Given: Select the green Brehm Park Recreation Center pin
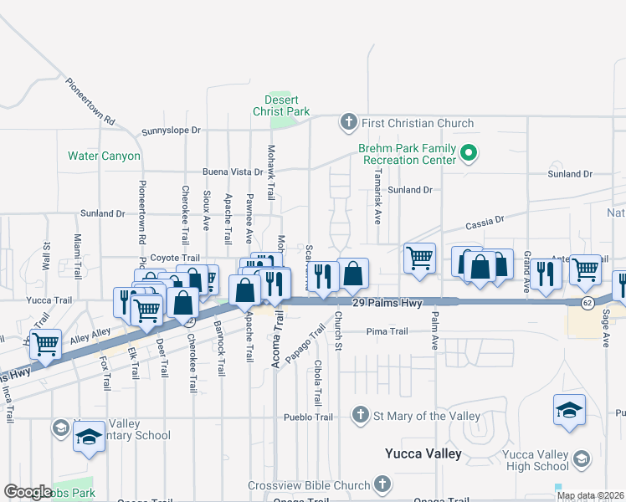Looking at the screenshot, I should point(469,153).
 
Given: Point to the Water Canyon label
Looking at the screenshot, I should point(104,156).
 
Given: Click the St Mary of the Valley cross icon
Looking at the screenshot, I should point(360,415).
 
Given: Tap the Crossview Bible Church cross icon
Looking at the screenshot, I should point(382,484).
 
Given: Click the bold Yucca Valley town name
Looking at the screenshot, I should point(423,453).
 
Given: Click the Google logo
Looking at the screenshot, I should point(28,492).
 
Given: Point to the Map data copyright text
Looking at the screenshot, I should point(590,495).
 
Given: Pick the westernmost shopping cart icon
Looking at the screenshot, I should point(45,342).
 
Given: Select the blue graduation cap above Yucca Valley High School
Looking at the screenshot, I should point(568,409).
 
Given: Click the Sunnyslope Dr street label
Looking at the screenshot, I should point(172,131).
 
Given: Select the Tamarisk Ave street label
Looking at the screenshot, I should point(377,203).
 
